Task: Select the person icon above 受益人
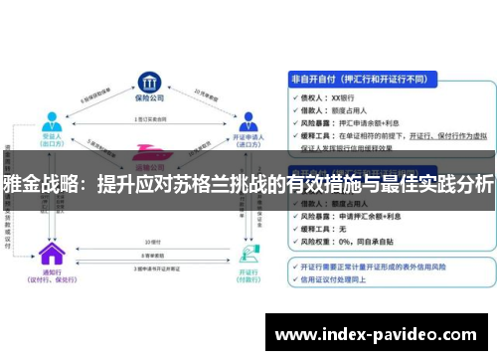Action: click(50, 121)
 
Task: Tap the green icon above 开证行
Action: click(246, 252)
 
